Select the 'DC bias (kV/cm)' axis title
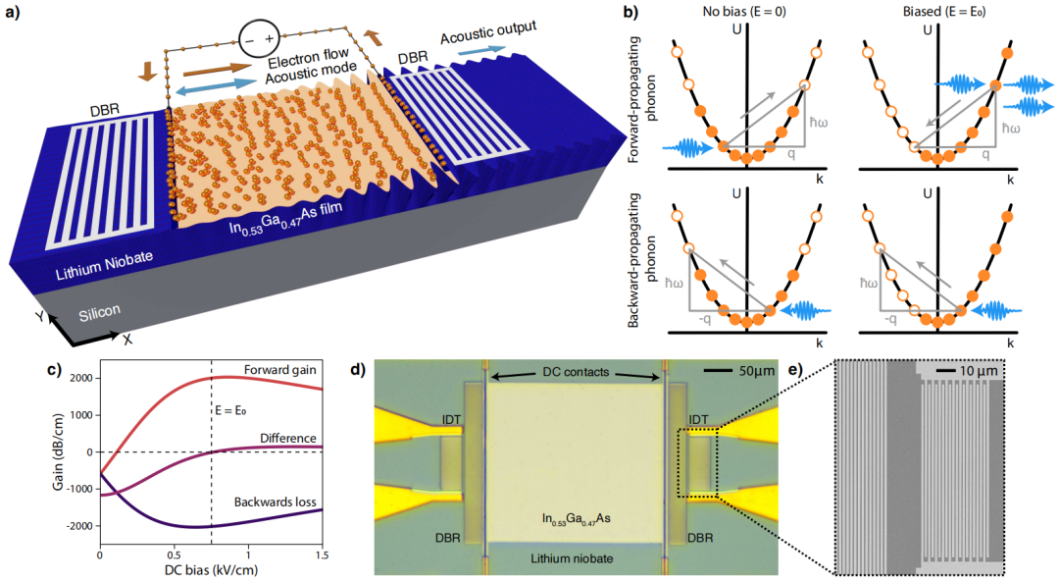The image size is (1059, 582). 211,570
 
